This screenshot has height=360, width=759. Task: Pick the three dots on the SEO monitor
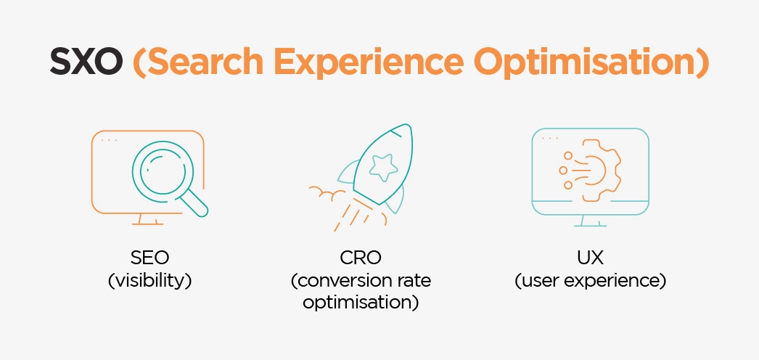point(109,139)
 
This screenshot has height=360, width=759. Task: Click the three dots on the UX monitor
point(550,138)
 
